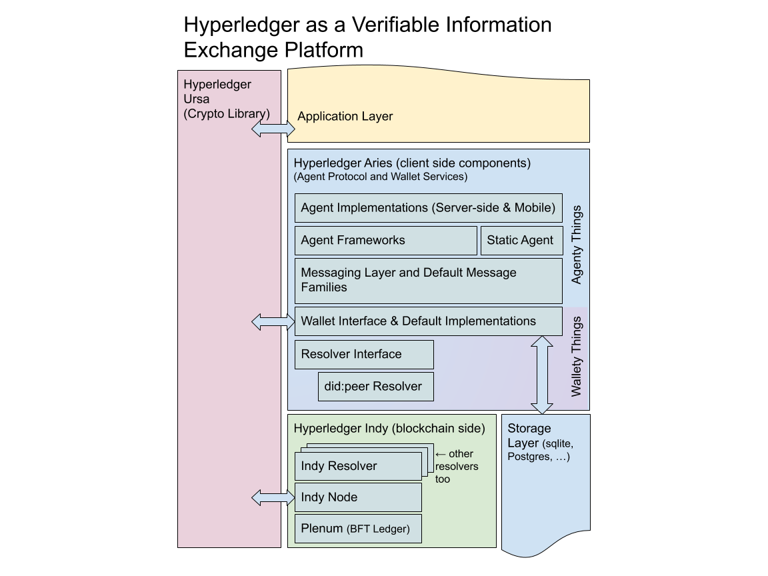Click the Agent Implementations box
click(429, 208)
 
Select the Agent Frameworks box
click(385, 241)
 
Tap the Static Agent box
click(521, 241)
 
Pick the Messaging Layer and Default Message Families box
click(429, 281)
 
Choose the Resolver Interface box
click(364, 355)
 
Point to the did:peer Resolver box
click(375, 387)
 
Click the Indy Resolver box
click(358, 466)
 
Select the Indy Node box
click(358, 497)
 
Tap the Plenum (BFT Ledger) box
click(358, 529)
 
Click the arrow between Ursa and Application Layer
click(273, 130)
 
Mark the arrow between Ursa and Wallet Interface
click(273, 323)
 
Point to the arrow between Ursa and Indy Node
click(273, 497)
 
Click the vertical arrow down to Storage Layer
click(541, 375)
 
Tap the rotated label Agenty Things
click(577, 245)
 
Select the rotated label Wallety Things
click(577, 356)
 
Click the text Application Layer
click(345, 117)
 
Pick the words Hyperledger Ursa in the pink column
click(217, 92)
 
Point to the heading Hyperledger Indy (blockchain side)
click(389, 429)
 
